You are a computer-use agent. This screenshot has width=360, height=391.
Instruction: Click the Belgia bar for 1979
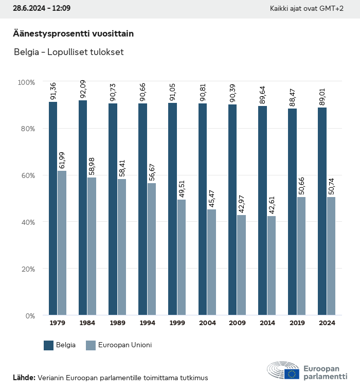[x=53, y=208]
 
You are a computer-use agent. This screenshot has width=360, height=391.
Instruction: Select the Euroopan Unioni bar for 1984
[x=92, y=246]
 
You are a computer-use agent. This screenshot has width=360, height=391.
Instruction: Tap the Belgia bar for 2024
[x=322, y=211]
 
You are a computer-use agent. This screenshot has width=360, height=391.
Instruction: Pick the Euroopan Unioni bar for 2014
[x=271, y=265]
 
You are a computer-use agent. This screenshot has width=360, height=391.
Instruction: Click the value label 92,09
[x=83, y=90]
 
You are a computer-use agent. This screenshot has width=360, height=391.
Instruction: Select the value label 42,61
[x=272, y=205]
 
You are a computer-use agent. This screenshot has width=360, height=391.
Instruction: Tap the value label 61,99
[x=62, y=159]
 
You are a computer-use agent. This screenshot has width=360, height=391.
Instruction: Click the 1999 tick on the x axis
[x=177, y=323]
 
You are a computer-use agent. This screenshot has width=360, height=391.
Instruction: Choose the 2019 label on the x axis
[x=297, y=323]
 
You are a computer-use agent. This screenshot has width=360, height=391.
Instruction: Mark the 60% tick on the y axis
[x=27, y=175]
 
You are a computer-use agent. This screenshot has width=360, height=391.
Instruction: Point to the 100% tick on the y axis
[x=26, y=82]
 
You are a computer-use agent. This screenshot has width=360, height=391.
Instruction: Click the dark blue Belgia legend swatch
[x=49, y=345]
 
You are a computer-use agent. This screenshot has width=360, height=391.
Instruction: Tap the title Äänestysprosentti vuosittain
[x=73, y=34]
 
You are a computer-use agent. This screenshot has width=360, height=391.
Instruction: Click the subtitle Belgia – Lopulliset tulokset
[x=68, y=52]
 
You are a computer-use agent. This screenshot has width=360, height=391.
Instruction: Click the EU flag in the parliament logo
[x=292, y=374]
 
